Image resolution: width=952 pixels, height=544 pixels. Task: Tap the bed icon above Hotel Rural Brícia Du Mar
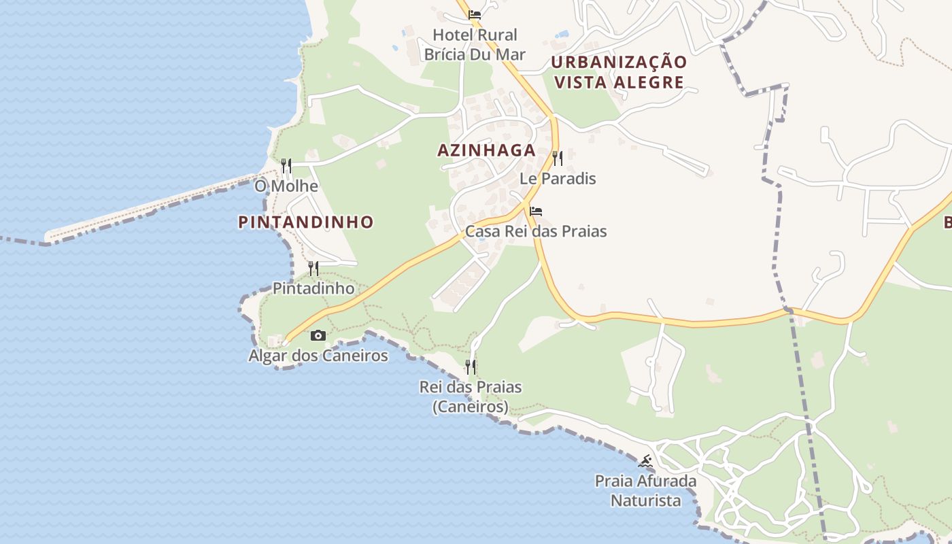[x=475, y=14]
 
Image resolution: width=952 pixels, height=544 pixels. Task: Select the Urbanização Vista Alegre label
[x=619, y=72]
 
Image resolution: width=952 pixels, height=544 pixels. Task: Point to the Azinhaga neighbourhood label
[x=486, y=150]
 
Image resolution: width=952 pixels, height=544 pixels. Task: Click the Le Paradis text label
[x=558, y=179]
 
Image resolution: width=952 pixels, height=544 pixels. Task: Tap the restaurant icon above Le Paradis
[x=558, y=158]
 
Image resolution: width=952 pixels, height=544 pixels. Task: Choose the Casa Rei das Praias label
[x=536, y=231]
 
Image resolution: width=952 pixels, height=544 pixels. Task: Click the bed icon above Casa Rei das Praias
[x=536, y=211]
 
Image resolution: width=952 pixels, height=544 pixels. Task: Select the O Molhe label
[x=286, y=186]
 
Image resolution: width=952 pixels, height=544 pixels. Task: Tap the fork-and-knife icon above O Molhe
[x=286, y=165]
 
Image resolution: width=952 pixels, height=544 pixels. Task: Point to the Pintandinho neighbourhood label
[x=306, y=222]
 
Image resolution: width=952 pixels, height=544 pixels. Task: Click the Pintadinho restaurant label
[x=313, y=288]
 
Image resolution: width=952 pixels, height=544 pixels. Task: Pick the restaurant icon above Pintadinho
[x=313, y=268]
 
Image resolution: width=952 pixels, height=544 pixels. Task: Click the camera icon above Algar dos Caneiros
[x=318, y=335]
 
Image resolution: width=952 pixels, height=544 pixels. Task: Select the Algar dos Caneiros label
[x=318, y=356]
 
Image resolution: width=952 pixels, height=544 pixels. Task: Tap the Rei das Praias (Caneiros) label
[x=471, y=396]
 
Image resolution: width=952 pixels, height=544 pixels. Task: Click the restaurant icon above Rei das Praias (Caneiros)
[x=471, y=367]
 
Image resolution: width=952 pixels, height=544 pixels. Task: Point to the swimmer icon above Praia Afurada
[x=645, y=462]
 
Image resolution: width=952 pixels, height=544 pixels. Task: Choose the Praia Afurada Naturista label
[x=645, y=491]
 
